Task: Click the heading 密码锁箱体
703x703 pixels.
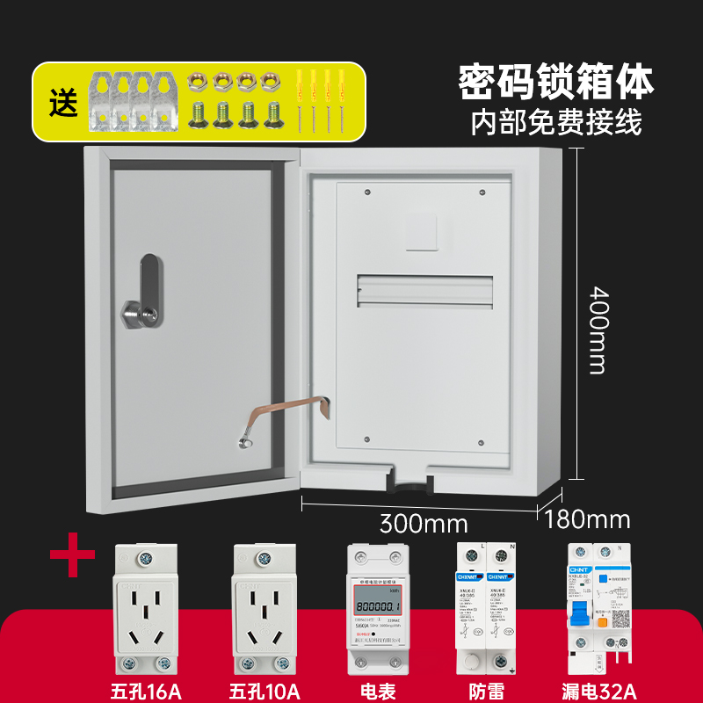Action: click(x=556, y=82)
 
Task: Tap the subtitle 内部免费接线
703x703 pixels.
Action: click(x=556, y=121)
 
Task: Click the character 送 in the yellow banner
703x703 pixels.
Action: click(x=62, y=103)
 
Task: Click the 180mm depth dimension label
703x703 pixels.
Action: click(x=588, y=519)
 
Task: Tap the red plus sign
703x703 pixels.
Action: click(x=73, y=556)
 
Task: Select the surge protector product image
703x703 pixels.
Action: click(x=484, y=606)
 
